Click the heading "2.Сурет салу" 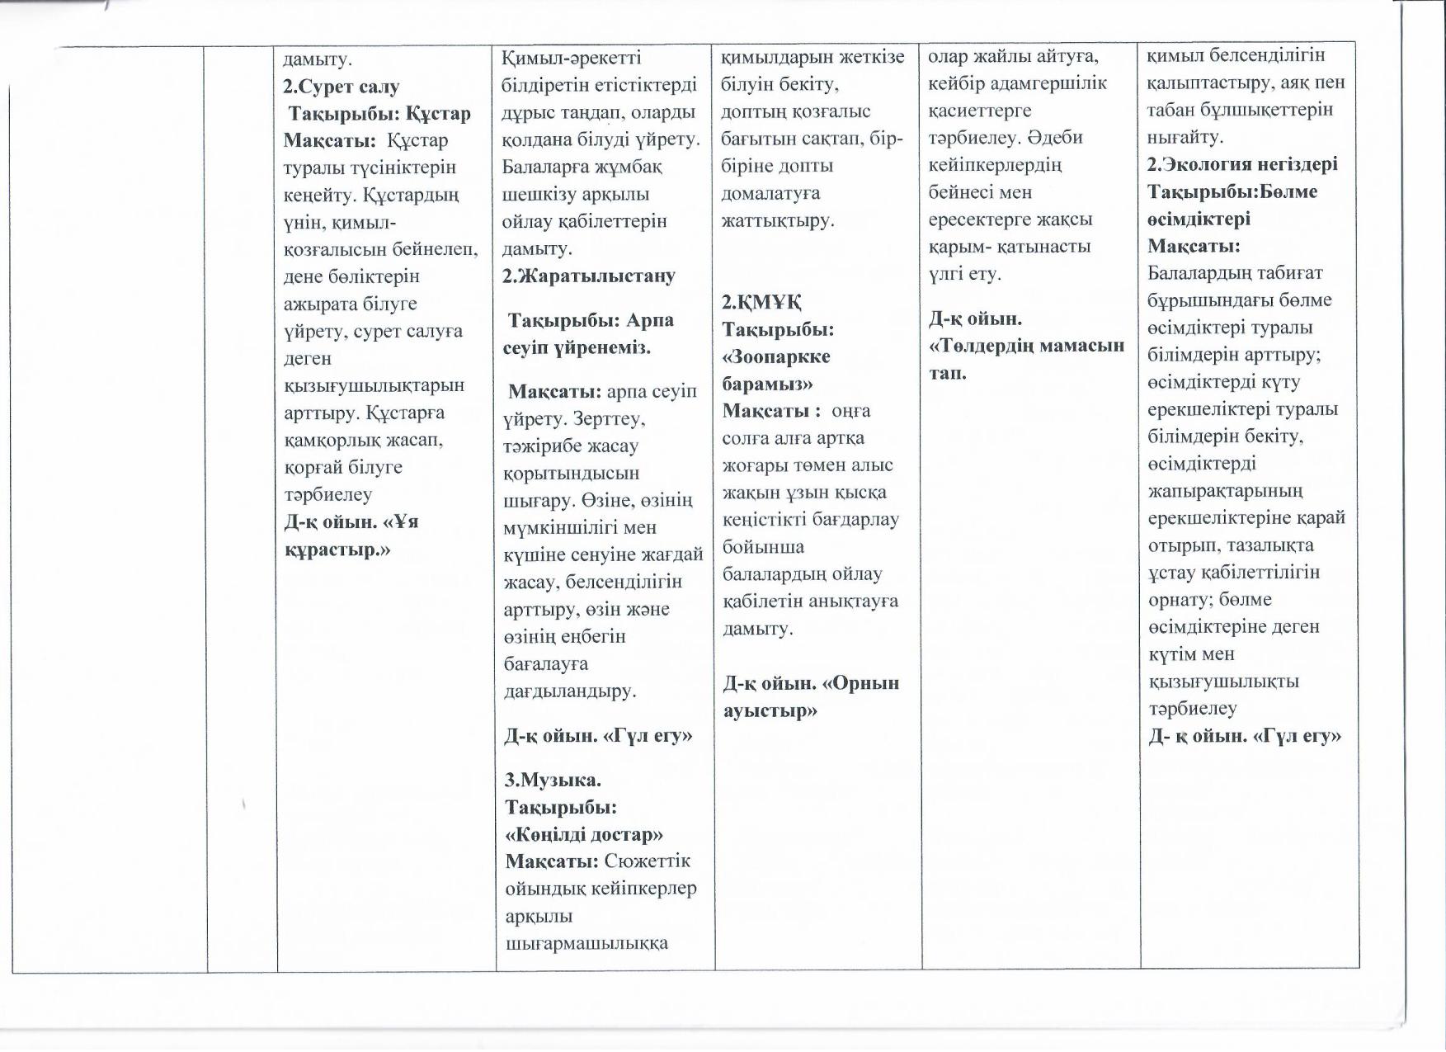(341, 86)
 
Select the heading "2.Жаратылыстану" (589, 276)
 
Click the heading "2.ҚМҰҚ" (763, 302)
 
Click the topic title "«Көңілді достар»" (584, 833)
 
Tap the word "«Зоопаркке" (776, 356)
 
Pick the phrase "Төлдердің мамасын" (1027, 345)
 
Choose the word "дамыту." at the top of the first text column (318, 59)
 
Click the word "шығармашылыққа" (586, 942)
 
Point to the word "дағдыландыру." (570, 691)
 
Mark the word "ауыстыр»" (770, 710)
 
